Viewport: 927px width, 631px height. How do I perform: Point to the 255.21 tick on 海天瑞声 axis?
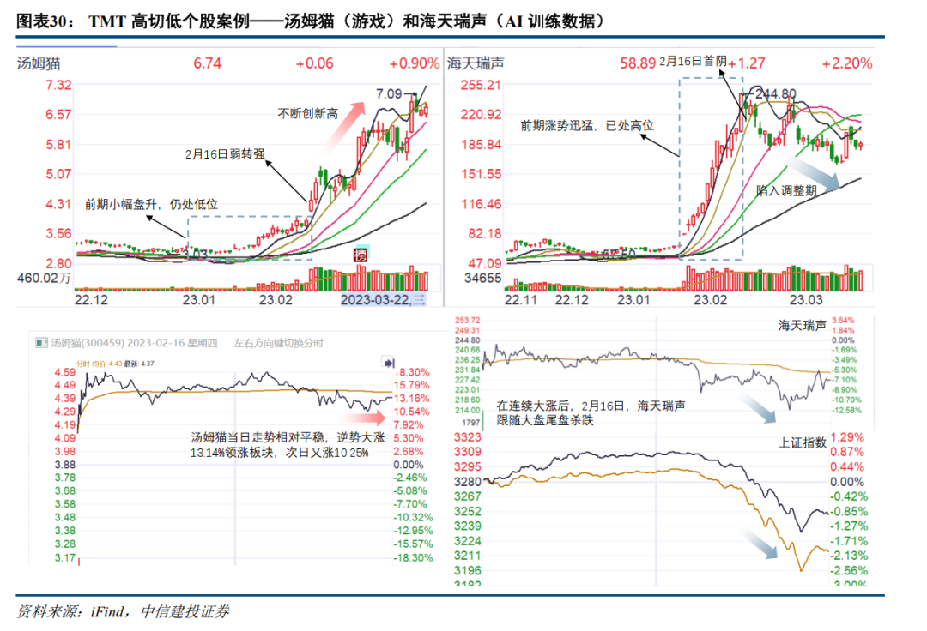coord(481,85)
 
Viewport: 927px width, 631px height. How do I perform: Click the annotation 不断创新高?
coord(308,112)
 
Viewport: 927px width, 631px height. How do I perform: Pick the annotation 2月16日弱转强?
coord(225,154)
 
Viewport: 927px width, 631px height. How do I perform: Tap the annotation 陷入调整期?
coord(786,190)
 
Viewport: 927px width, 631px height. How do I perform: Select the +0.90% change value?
coord(413,63)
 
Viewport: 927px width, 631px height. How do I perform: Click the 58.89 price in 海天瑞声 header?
coord(639,63)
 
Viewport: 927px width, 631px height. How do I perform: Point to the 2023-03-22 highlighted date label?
coord(377,299)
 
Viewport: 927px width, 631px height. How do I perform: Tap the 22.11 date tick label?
coord(520,300)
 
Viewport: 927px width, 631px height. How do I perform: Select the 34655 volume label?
coord(482,278)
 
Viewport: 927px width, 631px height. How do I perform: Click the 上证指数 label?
coord(803,443)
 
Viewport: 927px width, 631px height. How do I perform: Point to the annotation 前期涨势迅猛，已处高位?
coord(587,125)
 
